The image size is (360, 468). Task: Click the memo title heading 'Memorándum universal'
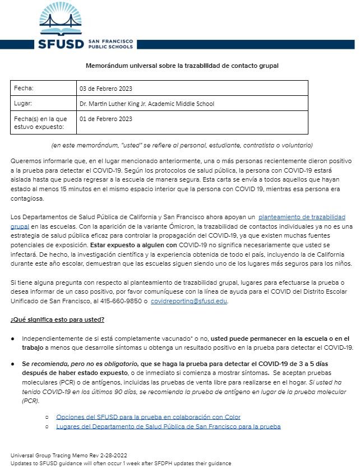182,66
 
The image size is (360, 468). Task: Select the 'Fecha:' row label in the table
24,89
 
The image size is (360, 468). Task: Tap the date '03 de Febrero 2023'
106,89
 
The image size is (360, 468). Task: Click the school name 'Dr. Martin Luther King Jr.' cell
147,104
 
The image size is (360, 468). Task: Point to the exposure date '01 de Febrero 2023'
106,119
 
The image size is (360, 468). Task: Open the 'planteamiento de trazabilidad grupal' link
301,216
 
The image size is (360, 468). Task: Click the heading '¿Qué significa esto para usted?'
57,319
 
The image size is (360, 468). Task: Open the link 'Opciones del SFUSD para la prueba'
148,417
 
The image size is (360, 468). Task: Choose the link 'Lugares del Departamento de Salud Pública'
168,427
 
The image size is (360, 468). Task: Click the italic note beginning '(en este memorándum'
182,145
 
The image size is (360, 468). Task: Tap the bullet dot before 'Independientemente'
13,339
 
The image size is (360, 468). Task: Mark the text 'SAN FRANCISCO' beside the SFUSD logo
110,41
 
